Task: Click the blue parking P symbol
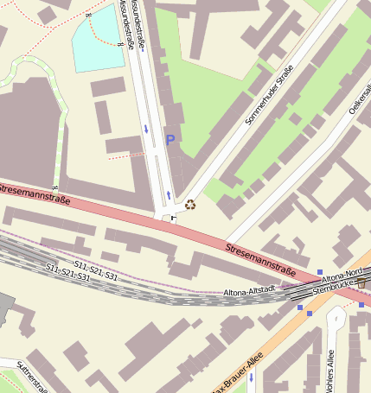[x=170, y=139]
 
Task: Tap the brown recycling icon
[x=190, y=205]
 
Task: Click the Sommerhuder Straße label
[x=270, y=94]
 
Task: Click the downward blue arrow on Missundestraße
[x=146, y=130]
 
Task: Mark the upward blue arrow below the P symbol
[x=169, y=193]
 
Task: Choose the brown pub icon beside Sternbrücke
[x=361, y=282]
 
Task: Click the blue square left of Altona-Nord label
[x=320, y=272]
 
